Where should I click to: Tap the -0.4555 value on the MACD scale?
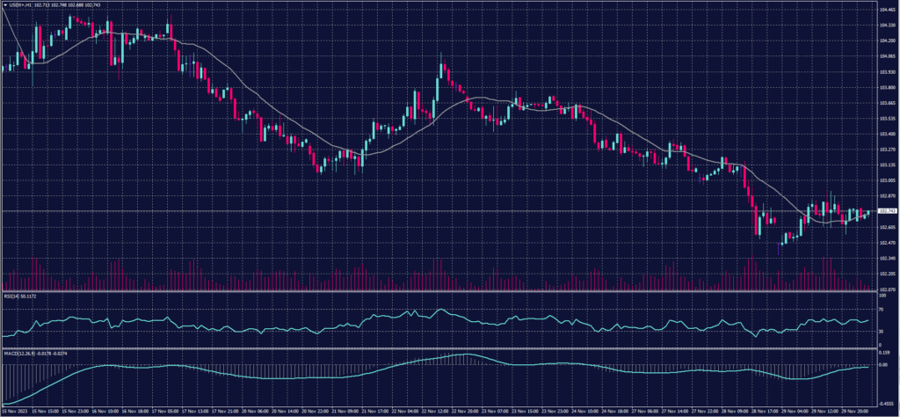(x=885, y=399)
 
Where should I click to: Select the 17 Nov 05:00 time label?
(x=166, y=410)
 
